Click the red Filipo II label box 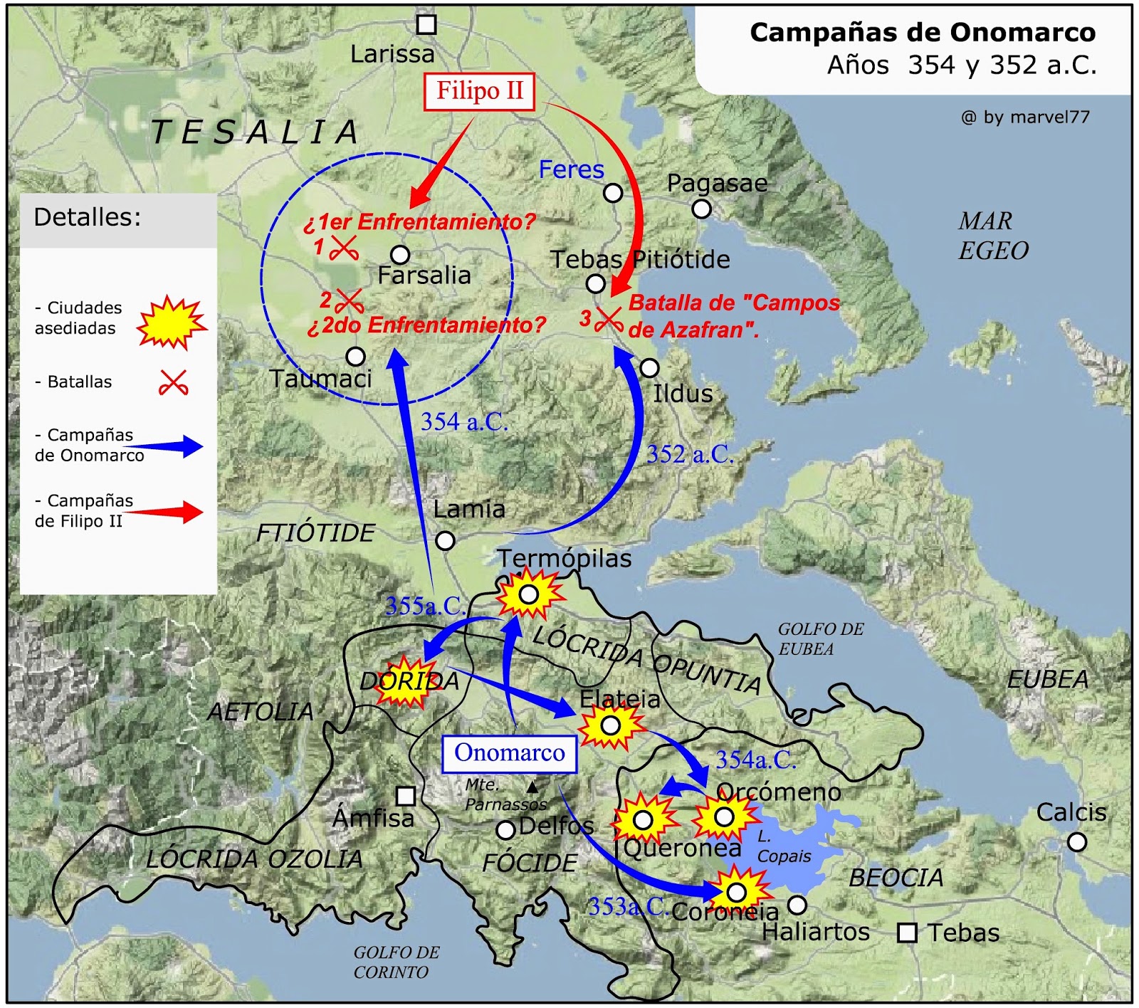click(479, 92)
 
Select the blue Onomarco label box click(509, 753)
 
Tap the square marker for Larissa click(426, 25)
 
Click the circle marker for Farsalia click(400, 254)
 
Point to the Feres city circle click(613, 192)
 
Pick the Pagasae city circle click(701, 209)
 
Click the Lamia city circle click(445, 540)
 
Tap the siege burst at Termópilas click(529, 594)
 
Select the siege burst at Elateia click(611, 725)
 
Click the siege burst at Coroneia click(737, 892)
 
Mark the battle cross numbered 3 click(609, 319)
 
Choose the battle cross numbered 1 click(344, 248)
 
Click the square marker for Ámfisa click(406, 795)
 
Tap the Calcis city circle click(1077, 842)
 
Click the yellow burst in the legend click(171, 322)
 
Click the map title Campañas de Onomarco click(923, 33)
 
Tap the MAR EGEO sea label click(993, 236)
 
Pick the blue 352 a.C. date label click(690, 454)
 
